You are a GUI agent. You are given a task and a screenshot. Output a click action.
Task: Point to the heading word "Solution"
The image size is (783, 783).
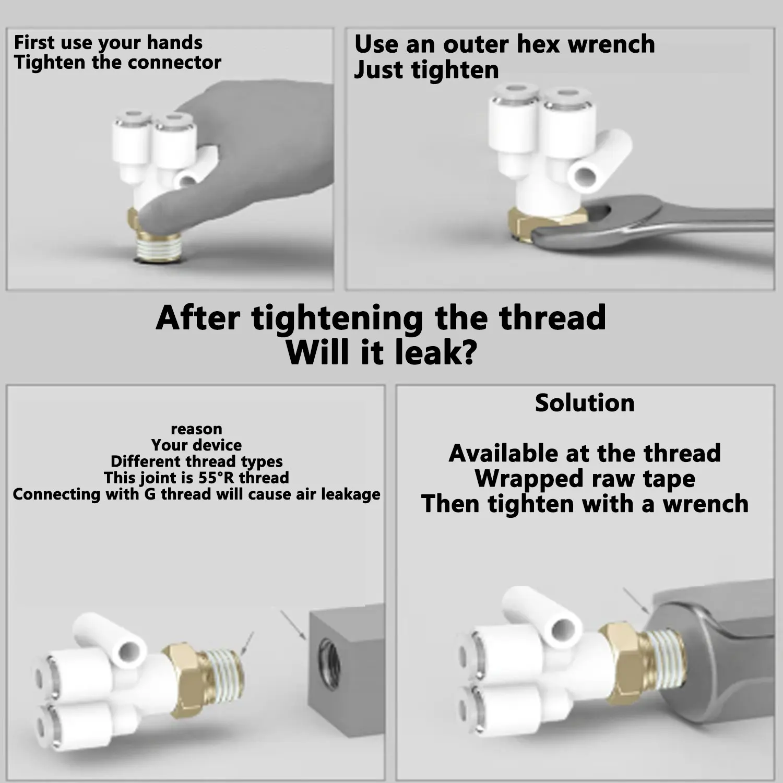click(585, 403)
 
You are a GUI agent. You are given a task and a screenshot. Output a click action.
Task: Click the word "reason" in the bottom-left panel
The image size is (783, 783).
click(196, 429)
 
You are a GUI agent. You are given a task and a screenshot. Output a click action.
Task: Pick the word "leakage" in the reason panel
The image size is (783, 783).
click(350, 494)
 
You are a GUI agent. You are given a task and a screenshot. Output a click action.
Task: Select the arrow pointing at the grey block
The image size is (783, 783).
click(293, 624)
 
